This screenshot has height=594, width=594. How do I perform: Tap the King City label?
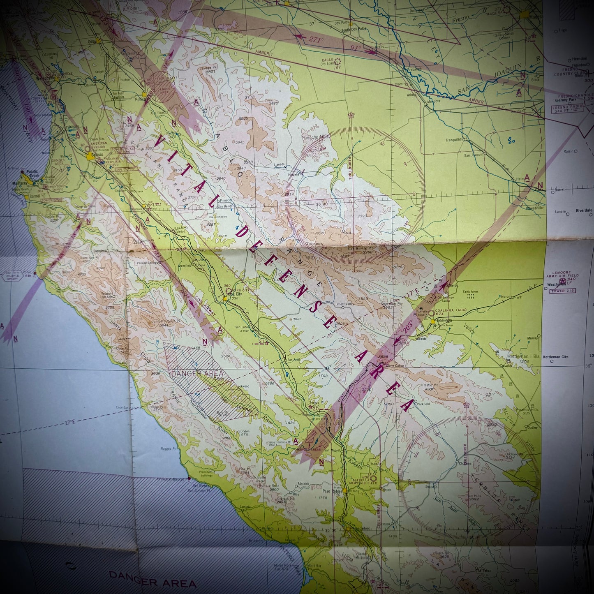pos(235,294)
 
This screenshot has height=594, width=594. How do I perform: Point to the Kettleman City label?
pos(555,357)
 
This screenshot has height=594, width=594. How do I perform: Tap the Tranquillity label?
pos(454,140)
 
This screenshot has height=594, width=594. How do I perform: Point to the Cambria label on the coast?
pos(245,507)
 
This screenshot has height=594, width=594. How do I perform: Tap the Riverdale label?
pos(584,210)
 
